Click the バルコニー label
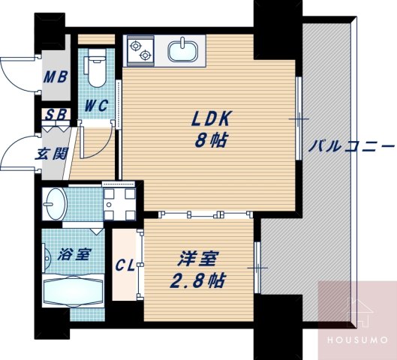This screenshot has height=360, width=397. pos(351,145)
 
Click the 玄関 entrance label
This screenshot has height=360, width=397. pos(52,154)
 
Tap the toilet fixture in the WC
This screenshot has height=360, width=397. pos(96,70)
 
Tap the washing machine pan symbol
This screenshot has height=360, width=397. pos(118,200)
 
